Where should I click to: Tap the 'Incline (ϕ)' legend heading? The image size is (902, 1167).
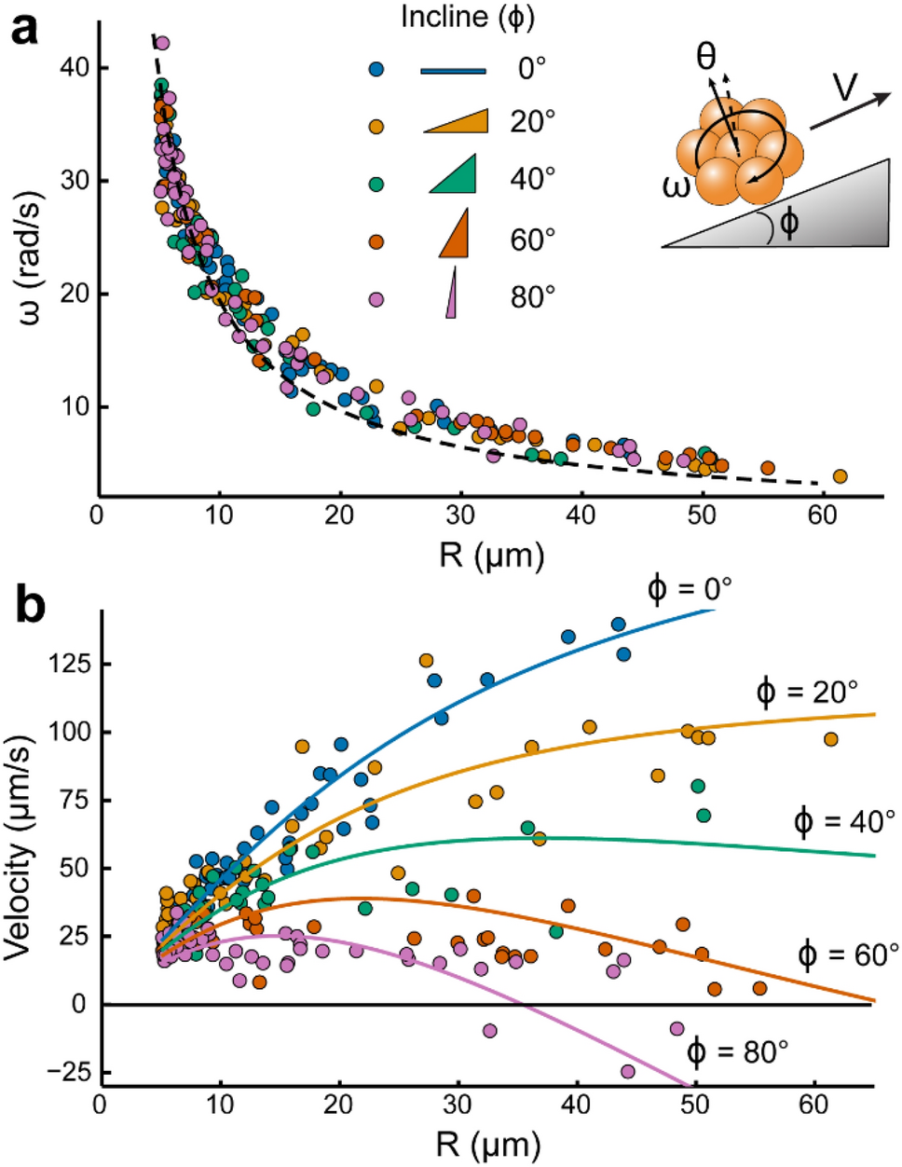click(468, 17)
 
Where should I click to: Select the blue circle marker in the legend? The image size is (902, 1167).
click(376, 69)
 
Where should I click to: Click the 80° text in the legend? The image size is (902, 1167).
click(533, 298)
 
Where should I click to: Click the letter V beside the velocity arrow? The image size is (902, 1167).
click(845, 87)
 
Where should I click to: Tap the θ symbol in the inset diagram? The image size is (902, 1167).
click(707, 58)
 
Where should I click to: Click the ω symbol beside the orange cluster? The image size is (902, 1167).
click(677, 185)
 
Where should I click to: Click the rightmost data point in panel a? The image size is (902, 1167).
click(840, 476)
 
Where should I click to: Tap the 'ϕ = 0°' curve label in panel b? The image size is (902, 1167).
click(690, 589)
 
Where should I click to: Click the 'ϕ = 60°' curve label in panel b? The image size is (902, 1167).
click(848, 954)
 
